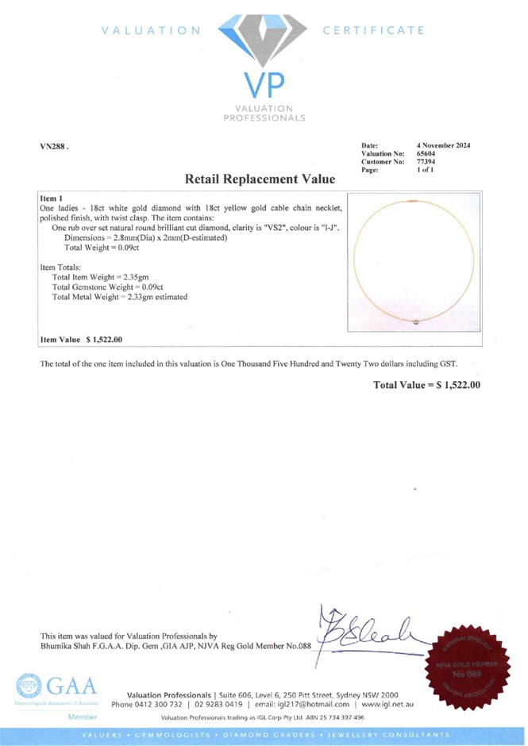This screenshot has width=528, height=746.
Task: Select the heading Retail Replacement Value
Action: point(260,180)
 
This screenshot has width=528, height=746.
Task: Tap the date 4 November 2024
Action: point(443,146)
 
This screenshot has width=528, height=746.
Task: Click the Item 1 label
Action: point(52,195)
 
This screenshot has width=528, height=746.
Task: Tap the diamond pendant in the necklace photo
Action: point(419,321)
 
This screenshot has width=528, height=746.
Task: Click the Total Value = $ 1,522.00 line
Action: point(426,385)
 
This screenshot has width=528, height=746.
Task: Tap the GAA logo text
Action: point(71,686)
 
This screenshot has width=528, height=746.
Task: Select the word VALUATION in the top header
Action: point(150,31)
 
